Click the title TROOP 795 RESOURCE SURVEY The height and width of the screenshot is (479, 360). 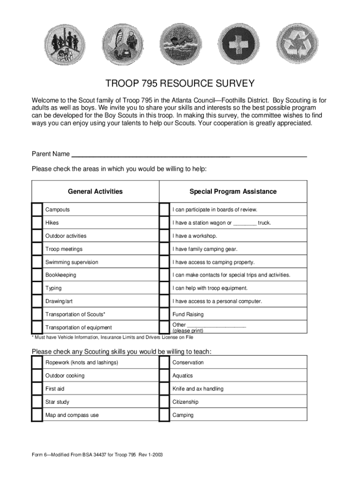(x=180, y=84)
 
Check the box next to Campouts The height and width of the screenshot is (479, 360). (x=37, y=210)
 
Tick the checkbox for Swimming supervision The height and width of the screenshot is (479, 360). (x=37, y=262)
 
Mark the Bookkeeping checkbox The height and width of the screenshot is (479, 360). (x=37, y=275)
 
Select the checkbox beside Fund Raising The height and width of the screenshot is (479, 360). (x=164, y=314)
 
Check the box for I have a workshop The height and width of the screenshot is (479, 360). (x=164, y=236)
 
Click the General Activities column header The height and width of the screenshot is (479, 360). (x=95, y=191)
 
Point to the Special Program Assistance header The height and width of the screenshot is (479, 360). (x=233, y=191)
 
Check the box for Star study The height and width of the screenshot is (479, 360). (x=37, y=402)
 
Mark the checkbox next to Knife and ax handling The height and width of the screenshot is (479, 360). (x=164, y=389)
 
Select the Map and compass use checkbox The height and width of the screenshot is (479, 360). (x=37, y=415)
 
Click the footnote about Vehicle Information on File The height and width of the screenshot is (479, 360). (x=112, y=337)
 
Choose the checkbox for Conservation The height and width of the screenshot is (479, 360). (x=164, y=363)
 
